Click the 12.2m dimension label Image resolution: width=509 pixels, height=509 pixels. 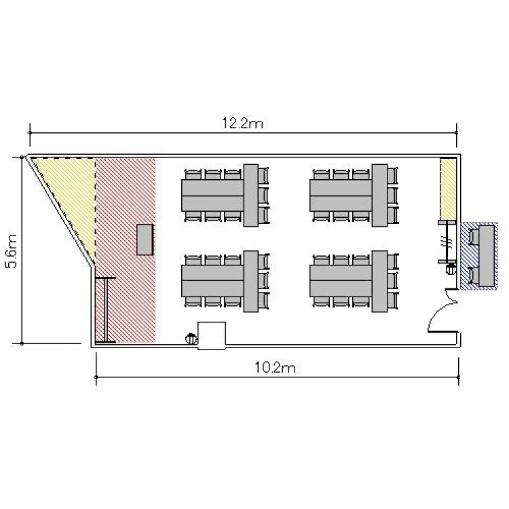click(x=242, y=124)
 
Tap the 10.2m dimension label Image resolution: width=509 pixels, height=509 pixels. click(x=275, y=367)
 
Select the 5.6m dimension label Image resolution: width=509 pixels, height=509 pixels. click(x=12, y=251)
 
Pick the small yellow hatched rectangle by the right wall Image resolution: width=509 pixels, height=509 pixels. click(x=449, y=189)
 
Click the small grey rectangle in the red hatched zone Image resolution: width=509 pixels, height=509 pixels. click(x=145, y=240)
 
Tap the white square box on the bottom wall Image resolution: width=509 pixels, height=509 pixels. click(x=212, y=336)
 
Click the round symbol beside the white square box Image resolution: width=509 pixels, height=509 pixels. click(x=191, y=339)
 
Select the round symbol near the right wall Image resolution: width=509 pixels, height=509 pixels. click(x=451, y=269)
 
